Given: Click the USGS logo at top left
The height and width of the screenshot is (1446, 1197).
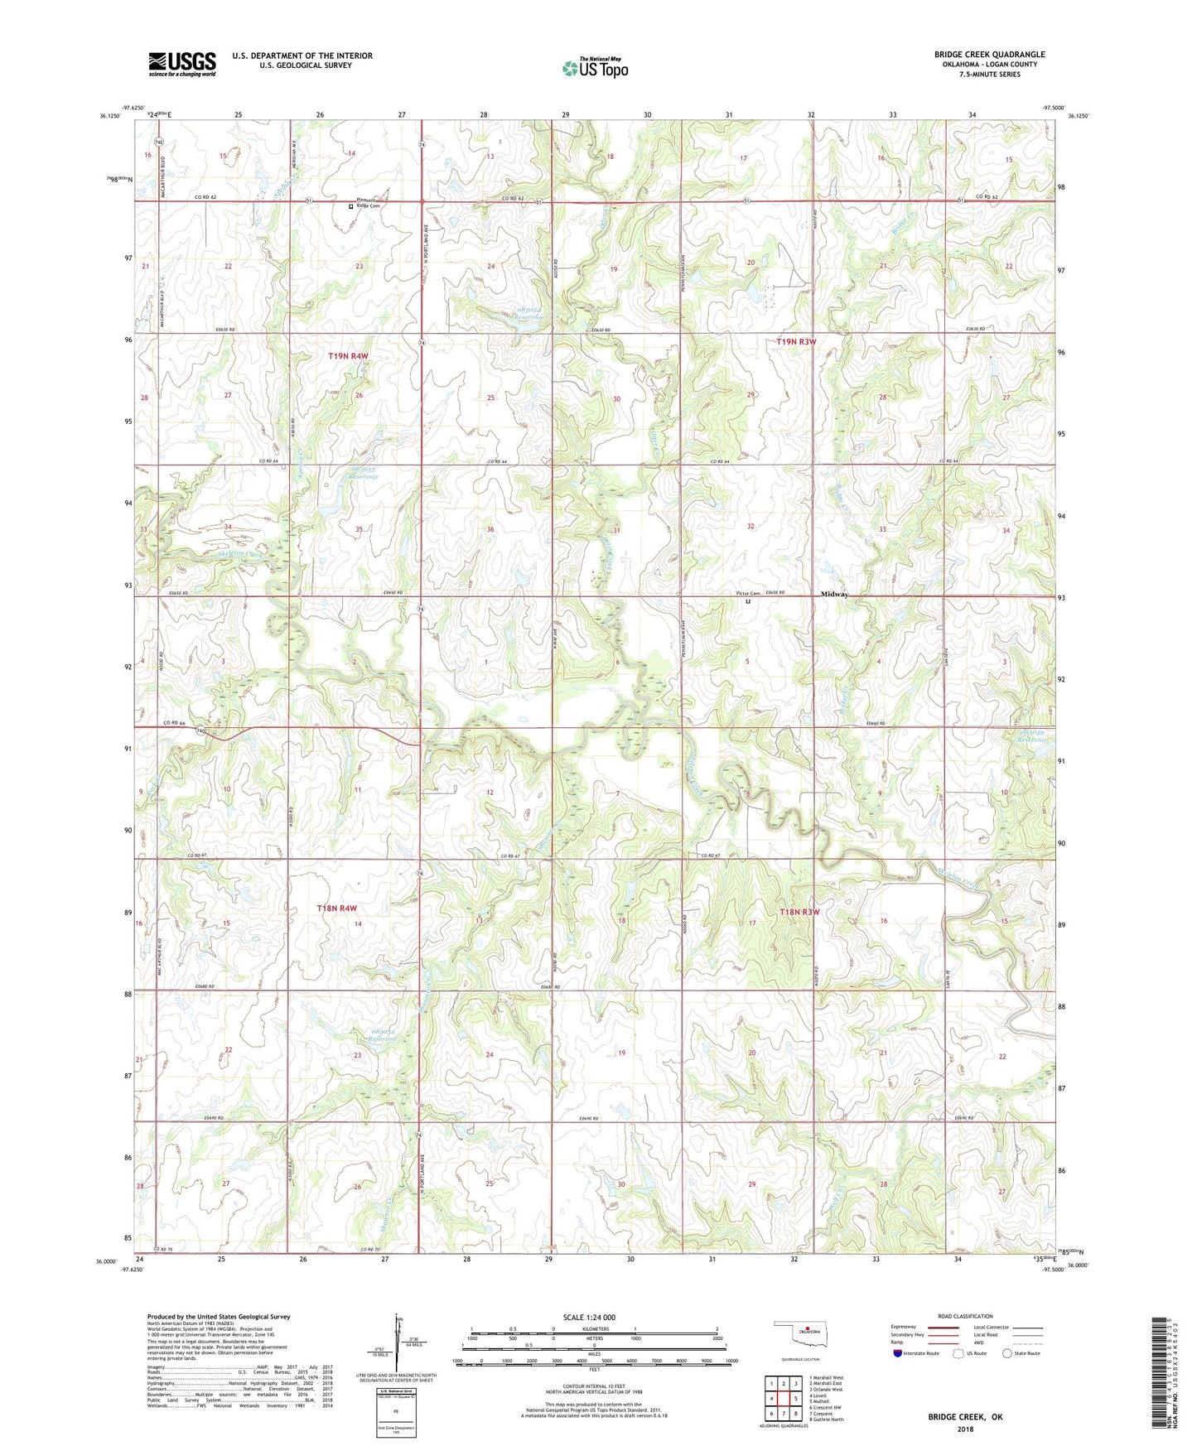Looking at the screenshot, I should point(181,64).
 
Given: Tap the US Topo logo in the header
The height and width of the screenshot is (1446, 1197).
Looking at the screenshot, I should point(595,68).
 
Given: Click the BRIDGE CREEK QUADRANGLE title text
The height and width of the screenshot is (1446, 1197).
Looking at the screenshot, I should point(989,55).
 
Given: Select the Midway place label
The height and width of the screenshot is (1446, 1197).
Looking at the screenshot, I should point(834,595).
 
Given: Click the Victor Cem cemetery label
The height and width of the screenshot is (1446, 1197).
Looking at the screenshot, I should point(747,594).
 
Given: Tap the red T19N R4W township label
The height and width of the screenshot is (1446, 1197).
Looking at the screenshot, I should point(348,356).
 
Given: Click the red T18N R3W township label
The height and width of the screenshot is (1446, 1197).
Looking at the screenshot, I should point(799,912).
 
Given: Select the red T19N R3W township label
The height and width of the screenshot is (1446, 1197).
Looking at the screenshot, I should point(796,341).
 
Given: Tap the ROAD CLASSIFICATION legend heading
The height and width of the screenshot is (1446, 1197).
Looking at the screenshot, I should point(965,1316).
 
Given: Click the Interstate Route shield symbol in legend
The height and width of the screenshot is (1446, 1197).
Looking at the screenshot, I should point(898,1353).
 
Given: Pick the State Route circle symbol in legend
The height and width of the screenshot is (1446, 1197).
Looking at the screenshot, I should point(1006,1353).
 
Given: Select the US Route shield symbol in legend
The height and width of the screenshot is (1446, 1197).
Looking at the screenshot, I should point(958,1353).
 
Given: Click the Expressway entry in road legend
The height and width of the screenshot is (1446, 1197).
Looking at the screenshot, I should point(903,1327).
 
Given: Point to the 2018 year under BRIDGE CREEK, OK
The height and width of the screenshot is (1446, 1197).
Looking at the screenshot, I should point(965,1429).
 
